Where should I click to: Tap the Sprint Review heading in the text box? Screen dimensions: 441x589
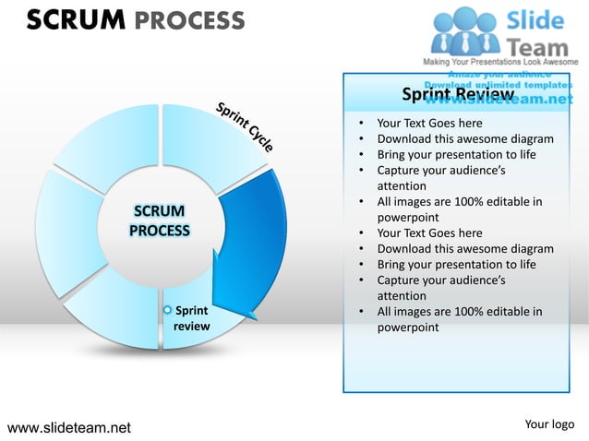(x=458, y=95)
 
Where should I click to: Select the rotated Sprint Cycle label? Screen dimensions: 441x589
(x=245, y=126)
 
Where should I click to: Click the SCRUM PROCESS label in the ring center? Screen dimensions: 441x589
(x=159, y=221)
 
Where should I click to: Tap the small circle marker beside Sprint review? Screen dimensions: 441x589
(x=167, y=311)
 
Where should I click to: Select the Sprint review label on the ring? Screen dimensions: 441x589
(x=192, y=318)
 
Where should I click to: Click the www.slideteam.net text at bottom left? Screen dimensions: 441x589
(x=69, y=427)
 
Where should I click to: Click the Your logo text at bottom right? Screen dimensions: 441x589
(x=549, y=424)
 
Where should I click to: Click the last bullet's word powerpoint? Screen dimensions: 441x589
(x=408, y=328)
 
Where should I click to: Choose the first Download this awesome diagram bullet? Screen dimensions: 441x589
(x=465, y=139)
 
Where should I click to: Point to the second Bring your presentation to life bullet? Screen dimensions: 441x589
(x=456, y=264)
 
